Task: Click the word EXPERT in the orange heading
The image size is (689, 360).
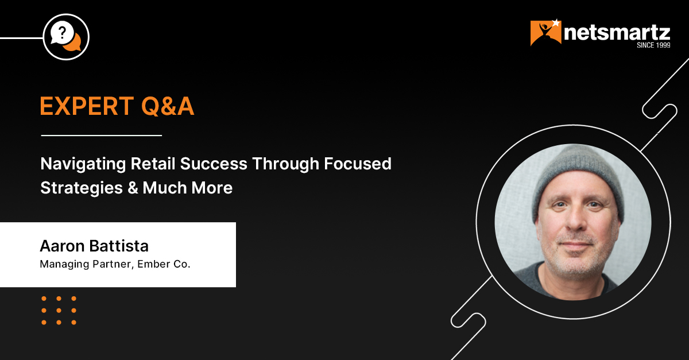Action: tap(87, 106)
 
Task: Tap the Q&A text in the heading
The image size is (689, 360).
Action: tap(168, 106)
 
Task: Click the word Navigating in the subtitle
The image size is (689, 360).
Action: tap(83, 164)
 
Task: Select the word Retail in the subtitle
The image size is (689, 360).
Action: tap(153, 164)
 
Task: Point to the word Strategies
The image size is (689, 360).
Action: tap(82, 188)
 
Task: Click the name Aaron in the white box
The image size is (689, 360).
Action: tap(62, 246)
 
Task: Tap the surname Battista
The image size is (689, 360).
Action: tap(119, 246)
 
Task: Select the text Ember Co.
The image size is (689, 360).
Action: tap(164, 264)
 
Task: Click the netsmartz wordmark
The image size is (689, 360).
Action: tap(617, 33)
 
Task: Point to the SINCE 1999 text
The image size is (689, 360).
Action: tap(653, 45)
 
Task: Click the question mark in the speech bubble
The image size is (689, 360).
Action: tap(62, 32)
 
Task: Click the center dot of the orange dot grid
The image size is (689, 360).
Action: tap(59, 311)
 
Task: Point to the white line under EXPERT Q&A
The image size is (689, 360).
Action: tap(102, 135)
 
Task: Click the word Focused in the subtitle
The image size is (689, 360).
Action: tap(357, 164)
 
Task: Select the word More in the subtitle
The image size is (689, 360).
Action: tap(212, 188)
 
